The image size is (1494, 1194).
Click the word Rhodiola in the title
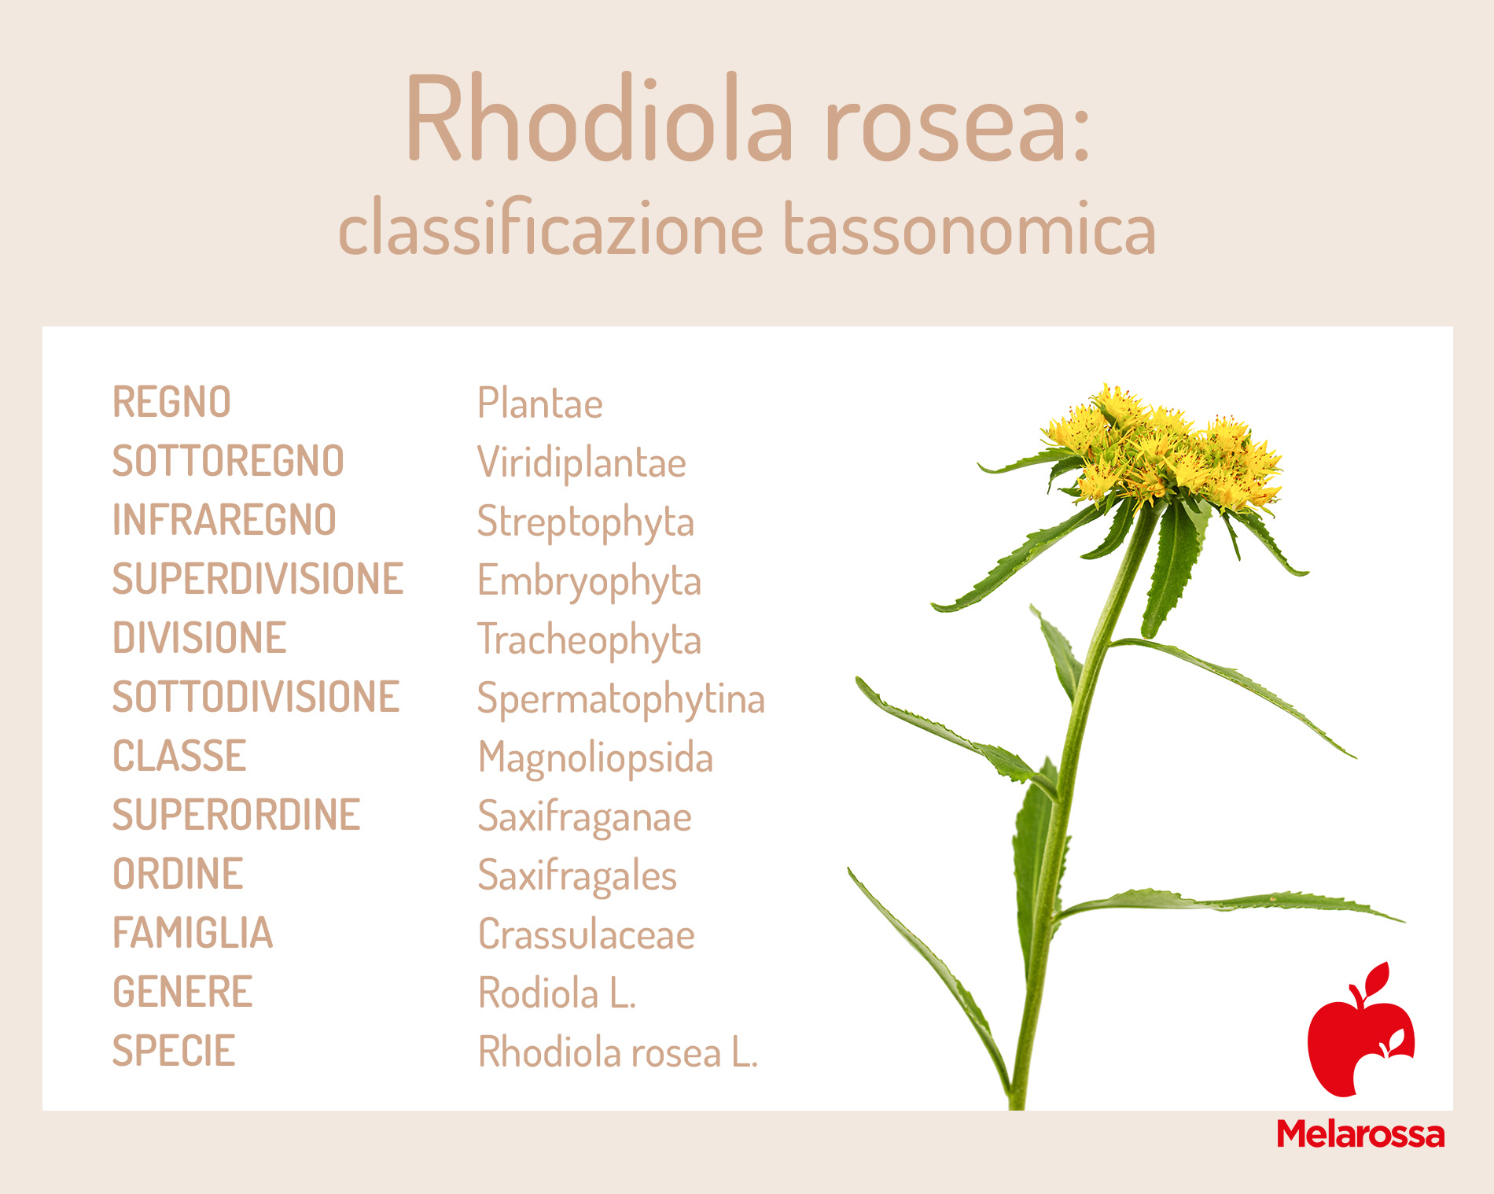[599, 119]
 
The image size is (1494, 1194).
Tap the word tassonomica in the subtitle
[970, 228]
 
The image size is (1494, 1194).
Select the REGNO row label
[171, 402]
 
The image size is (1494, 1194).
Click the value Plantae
[540, 403]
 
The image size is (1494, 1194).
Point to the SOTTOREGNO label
[228, 461]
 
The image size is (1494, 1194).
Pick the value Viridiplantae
[582, 462]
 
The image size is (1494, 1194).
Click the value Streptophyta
[586, 522]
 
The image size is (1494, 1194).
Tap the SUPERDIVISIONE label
[258, 579]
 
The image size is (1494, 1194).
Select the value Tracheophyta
[589, 640]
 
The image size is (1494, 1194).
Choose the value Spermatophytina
[621, 699]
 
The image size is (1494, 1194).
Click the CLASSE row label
[179, 756]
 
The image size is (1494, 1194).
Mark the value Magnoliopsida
[596, 758]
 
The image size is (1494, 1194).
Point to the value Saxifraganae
[585, 817]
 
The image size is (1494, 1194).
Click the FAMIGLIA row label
[193, 933]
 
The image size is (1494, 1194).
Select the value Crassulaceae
[587, 934]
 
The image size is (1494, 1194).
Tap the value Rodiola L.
[557, 993]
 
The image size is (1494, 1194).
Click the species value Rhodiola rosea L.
[618, 1052]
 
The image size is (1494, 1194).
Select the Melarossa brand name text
[1361, 1134]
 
